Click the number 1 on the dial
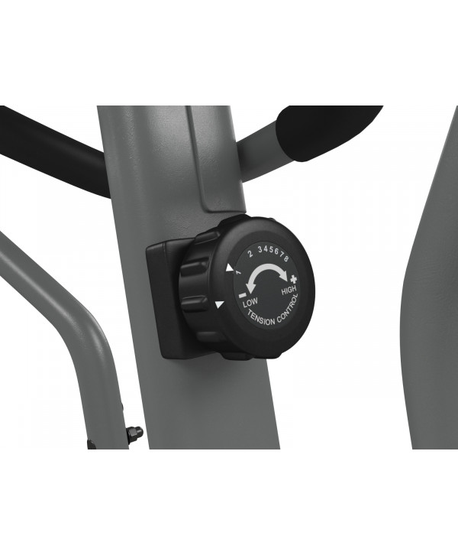point(238,273)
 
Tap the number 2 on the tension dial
point(250,254)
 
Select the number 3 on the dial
point(260,249)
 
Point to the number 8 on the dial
point(286,258)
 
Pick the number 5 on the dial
point(271,249)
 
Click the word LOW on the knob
point(250,303)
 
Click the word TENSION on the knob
point(261,318)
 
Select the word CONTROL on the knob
point(288,310)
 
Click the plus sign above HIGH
point(294,278)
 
